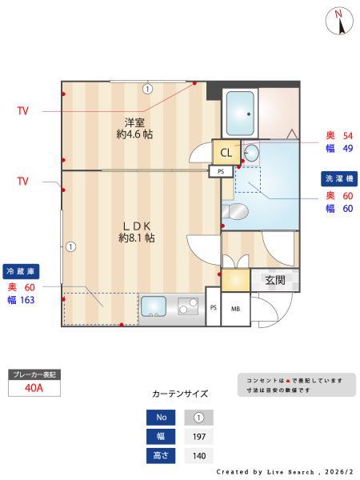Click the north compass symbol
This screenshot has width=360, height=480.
pos(339,21)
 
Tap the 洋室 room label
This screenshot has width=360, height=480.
pos(134,128)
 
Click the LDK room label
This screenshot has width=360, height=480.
pos(137,231)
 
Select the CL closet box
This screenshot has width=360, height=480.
pos(226,153)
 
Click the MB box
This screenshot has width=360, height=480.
pos(236,309)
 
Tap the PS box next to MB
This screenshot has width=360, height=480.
pos(213,309)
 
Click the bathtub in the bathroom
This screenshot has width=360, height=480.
pos(239,114)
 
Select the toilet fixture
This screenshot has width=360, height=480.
pos(238,211)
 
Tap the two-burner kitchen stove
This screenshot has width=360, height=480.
pos(189,307)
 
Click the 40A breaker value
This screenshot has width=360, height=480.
pos(33,389)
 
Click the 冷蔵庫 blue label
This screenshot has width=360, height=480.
pos(22,270)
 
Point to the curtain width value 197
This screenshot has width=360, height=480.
pos(198,437)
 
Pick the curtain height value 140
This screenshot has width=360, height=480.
pos(198,456)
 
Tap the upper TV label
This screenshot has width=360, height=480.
pos(22,111)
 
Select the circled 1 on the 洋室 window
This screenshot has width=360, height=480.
pos(147,89)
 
